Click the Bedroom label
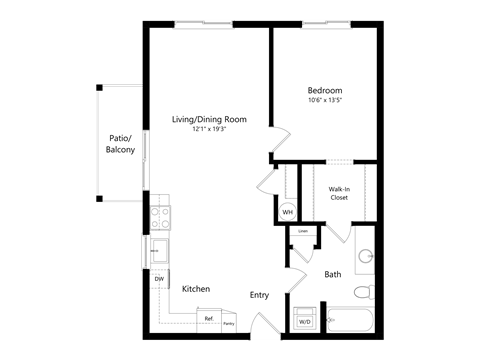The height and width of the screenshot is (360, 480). (328, 89)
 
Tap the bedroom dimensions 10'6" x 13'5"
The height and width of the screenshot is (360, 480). (328, 99)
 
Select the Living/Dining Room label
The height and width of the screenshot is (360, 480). (208, 119)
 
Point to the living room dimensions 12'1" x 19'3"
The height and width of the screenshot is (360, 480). (208, 129)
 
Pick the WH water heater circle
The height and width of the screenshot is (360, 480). (287, 212)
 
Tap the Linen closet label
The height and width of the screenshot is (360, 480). (303, 232)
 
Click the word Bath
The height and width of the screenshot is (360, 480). (333, 274)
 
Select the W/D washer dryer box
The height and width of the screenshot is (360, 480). (303, 320)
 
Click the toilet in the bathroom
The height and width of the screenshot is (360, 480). (365, 291)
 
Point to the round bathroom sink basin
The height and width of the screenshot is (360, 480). (365, 256)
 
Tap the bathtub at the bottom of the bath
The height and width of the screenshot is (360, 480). (349, 320)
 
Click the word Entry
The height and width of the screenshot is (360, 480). (259, 294)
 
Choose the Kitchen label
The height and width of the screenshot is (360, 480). (195, 288)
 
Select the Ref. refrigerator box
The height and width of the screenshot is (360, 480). (209, 319)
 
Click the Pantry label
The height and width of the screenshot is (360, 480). (229, 323)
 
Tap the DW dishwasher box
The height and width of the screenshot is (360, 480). (159, 279)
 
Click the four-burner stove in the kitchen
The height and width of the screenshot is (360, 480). (159, 218)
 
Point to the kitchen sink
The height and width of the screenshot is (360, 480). (159, 248)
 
